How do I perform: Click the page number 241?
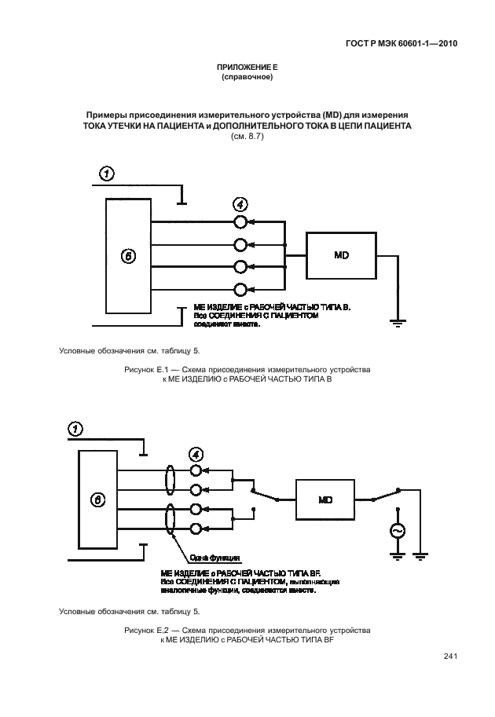coord(450,657)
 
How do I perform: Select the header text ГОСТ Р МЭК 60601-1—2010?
coord(401,45)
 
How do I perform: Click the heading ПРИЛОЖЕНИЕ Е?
coord(247,68)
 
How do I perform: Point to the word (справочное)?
coord(247,78)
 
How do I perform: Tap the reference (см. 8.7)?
coord(247,136)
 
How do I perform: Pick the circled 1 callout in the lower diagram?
coord(75,428)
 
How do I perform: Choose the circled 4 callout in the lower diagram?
coord(196,454)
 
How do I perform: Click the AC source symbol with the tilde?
coord(396,532)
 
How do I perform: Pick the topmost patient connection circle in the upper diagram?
coord(241,222)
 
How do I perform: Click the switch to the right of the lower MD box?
coord(385,496)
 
